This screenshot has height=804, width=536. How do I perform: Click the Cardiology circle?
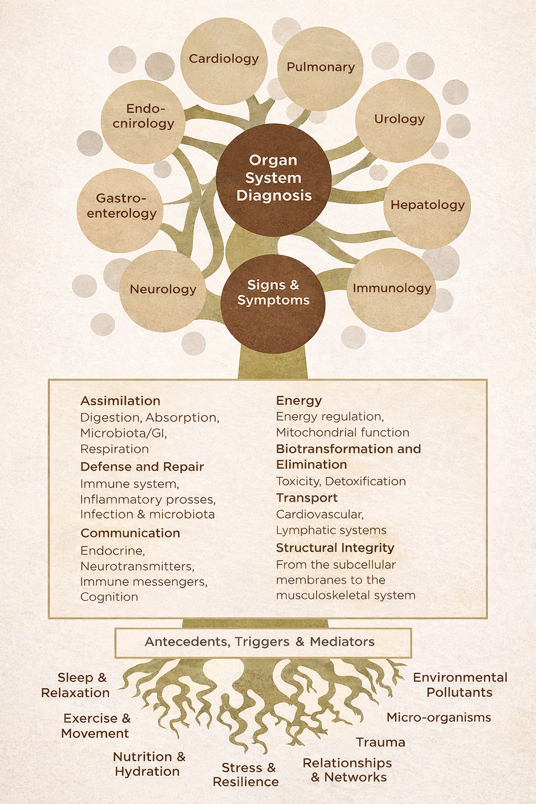tap(224, 60)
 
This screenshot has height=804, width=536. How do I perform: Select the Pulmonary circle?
tap(320, 68)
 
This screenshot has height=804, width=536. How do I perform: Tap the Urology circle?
tap(398, 120)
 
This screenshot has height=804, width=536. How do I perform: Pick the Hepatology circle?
tap(427, 206)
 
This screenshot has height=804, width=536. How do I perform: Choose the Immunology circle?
tap(391, 289)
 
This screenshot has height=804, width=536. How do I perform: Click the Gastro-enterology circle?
tap(121, 207)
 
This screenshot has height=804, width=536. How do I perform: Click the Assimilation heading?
tap(120, 401)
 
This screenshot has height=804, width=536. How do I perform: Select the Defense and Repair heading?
tap(142, 467)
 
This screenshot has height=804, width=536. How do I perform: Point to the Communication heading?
tap(130, 533)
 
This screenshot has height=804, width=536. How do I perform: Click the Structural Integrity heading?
tap(335, 548)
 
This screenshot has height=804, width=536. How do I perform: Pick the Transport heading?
tap(307, 498)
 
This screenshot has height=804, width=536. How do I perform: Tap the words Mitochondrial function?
tap(342, 433)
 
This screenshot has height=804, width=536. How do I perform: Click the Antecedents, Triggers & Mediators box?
tap(263, 642)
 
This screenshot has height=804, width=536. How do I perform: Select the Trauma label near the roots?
tap(381, 743)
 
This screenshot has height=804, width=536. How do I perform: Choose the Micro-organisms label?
tap(439, 718)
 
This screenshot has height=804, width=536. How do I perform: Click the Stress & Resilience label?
tap(247, 775)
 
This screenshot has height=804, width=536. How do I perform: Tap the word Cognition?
tap(109, 597)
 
